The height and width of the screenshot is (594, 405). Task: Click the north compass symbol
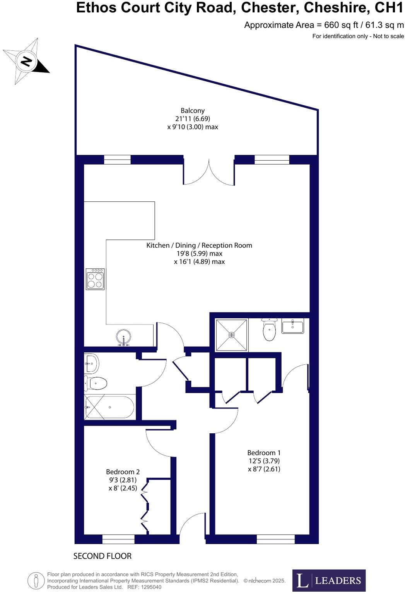[x=26, y=61]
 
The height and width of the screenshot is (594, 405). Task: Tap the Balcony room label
[x=193, y=111]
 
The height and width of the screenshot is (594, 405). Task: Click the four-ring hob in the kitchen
[x=95, y=279]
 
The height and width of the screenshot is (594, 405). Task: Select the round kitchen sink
[x=124, y=337]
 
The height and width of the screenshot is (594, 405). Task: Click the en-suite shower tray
[x=231, y=335]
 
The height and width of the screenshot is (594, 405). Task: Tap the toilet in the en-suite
[x=269, y=330]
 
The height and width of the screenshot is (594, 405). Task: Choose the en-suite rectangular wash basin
[x=293, y=326]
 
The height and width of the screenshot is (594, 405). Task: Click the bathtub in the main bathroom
[x=110, y=407]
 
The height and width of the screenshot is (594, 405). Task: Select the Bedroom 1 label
[x=264, y=453]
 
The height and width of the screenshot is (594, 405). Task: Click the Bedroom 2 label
[x=123, y=472]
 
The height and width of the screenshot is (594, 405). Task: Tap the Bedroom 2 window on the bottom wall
[x=118, y=539]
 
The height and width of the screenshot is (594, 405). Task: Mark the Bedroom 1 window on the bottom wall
[x=275, y=539]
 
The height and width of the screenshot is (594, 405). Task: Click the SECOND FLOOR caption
[x=103, y=556]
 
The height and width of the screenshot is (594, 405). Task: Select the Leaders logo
[x=329, y=580]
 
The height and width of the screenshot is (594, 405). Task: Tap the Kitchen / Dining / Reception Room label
[x=199, y=245]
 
